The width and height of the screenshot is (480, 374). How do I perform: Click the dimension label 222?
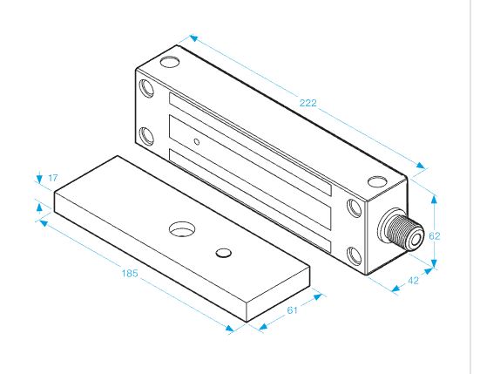pyautogui.click(x=308, y=103)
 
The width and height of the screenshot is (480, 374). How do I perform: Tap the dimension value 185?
pyautogui.click(x=130, y=273)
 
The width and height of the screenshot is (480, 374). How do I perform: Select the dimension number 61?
pyautogui.click(x=292, y=310)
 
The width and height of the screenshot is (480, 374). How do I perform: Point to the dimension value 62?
pyautogui.click(x=434, y=236)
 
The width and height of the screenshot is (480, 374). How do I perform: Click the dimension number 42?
pyautogui.click(x=413, y=281)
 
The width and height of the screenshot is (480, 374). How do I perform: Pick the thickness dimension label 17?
pyautogui.click(x=53, y=178)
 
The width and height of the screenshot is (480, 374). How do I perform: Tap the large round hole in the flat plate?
pyautogui.click(x=182, y=229)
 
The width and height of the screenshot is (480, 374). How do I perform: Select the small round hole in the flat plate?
pyautogui.click(x=224, y=253)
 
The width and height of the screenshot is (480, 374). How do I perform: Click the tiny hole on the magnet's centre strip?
pyautogui.click(x=197, y=142)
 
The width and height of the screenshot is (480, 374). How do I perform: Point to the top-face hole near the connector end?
pyautogui.click(x=377, y=181)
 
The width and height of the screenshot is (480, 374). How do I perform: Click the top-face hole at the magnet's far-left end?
pyautogui.click(x=170, y=62)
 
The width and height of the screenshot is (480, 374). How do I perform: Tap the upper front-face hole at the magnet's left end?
pyautogui.click(x=146, y=89)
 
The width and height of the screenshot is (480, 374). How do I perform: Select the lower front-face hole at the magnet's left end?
pyautogui.click(x=146, y=136)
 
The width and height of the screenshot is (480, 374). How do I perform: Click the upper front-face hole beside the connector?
pyautogui.click(x=355, y=208)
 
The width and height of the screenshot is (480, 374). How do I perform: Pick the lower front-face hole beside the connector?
pyautogui.click(x=355, y=255)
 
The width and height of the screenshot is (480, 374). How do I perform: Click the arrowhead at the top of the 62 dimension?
pyautogui.click(x=434, y=200)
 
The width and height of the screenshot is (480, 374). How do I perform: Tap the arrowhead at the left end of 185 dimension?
pyautogui.click(x=44, y=223)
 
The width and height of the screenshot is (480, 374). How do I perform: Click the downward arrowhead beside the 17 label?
pyautogui.click(x=39, y=179)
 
